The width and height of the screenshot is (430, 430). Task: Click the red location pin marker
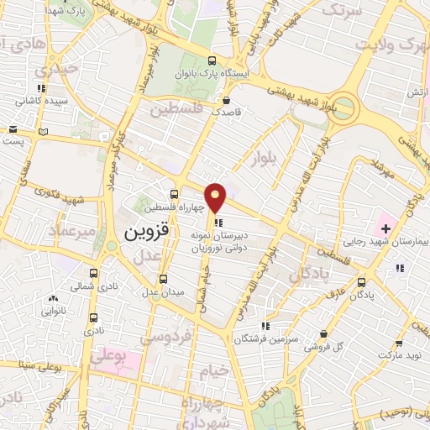pos(216,197)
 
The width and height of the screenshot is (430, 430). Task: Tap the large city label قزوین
pos(146,230)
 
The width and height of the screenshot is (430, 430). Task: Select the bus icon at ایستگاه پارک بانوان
pos(212,60)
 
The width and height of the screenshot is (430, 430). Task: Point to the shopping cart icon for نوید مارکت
pos(400,342)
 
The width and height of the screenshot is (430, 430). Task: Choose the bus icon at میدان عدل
pos(164,278)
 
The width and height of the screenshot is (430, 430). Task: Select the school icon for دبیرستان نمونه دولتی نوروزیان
pos(218,223)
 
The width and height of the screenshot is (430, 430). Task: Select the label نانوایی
pos(54,312)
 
